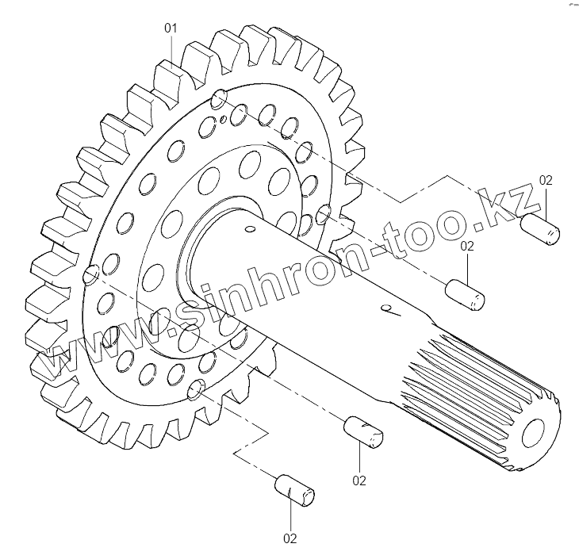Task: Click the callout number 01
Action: [171, 28]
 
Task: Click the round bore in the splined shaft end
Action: [533, 433]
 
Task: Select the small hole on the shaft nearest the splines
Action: [386, 308]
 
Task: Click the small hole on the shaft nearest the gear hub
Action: [251, 229]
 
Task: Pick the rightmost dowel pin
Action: [540, 229]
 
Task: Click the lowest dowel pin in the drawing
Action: [295, 490]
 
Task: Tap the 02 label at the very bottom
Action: [289, 538]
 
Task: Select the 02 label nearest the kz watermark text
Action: [546, 180]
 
